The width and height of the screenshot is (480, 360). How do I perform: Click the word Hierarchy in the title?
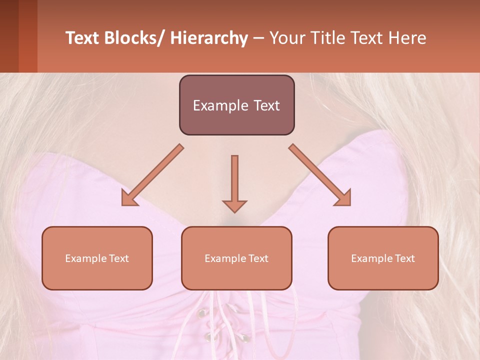coord(209,38)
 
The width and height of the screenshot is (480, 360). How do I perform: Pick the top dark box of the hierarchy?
coord(236,105)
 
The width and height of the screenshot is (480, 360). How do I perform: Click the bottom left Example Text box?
coord(97,258)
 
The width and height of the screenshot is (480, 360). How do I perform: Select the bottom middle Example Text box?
coord(236,258)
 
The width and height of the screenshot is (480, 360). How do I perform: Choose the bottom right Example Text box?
coord(383,258)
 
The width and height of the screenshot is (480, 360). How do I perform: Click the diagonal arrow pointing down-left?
coord(152,175)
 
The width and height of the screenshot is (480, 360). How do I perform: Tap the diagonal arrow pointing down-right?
coord(320,175)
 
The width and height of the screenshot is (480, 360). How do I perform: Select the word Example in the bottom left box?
coord(85,258)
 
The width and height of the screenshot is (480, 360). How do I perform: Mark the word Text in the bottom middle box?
coord(257,258)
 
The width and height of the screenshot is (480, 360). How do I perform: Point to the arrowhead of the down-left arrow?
coord(128,198)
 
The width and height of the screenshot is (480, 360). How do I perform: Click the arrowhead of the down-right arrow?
coord(343,198)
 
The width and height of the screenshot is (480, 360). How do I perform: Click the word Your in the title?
coord(286,38)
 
